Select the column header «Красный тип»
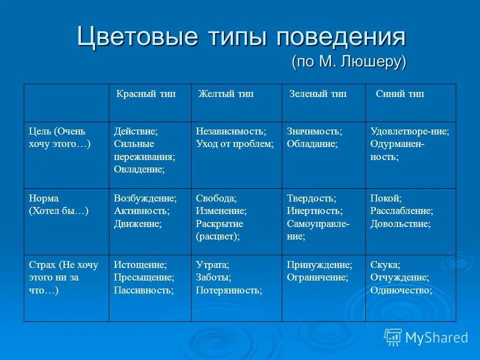[146, 94]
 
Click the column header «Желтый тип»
[226, 94]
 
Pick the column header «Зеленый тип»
[317, 94]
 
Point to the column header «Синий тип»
[400, 94]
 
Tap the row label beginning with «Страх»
[63, 277]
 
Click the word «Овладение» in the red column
[139, 169]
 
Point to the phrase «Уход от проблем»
[234, 144]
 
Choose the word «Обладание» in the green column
[312, 144]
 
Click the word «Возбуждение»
[145, 198]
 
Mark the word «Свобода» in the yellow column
[216, 198]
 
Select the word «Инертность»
[314, 210]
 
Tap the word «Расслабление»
[401, 210]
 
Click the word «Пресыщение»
[144, 277]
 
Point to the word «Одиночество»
[401, 289]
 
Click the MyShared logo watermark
[426, 337]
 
